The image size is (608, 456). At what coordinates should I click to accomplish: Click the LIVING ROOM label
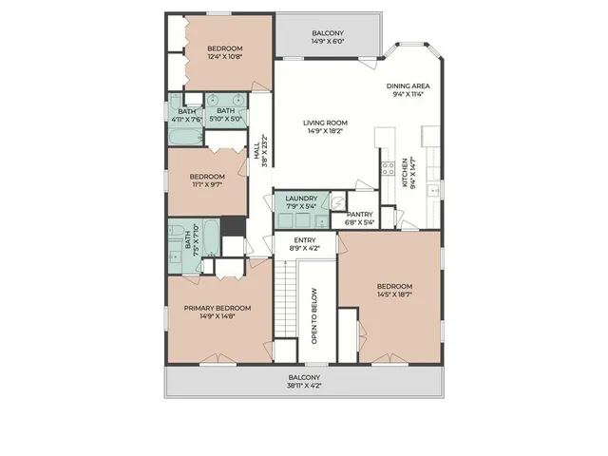(x=326, y=123)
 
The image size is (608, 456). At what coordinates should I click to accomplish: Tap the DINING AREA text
(x=408, y=85)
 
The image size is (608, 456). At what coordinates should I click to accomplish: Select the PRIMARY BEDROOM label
(x=218, y=308)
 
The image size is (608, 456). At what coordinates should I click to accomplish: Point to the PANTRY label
(x=359, y=214)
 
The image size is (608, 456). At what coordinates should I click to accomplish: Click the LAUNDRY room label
(x=301, y=198)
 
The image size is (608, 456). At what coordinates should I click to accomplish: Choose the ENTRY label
(x=304, y=239)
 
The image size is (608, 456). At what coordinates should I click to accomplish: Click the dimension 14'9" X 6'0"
(x=327, y=42)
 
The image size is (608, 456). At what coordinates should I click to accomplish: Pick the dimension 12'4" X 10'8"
(x=225, y=58)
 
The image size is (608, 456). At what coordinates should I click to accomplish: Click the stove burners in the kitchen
(x=388, y=169)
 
